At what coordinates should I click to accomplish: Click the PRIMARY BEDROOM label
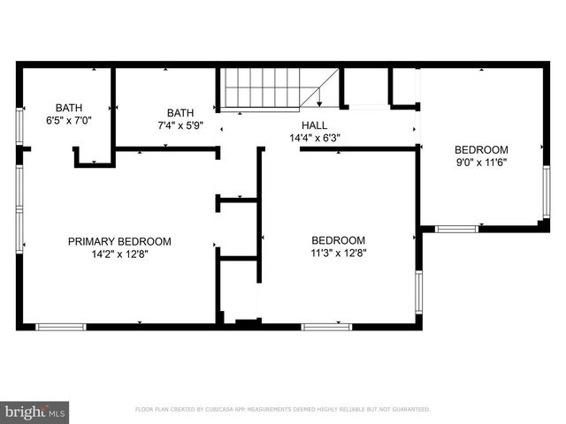[x=119, y=241]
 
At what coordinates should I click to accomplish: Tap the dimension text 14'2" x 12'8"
[x=119, y=254]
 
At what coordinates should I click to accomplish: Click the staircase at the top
[x=265, y=89]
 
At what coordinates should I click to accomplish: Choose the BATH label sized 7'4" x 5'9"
[x=180, y=113]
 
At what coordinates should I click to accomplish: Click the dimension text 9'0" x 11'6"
[x=481, y=162]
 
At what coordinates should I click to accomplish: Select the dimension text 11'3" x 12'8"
[x=338, y=253]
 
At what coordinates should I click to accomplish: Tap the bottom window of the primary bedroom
[x=61, y=327]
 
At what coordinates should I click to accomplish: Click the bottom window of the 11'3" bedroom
[x=326, y=327]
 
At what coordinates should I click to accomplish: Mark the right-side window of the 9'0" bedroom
[x=546, y=192]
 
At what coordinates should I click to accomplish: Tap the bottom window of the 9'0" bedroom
[x=456, y=229]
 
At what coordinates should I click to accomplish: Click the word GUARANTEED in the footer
[x=409, y=410]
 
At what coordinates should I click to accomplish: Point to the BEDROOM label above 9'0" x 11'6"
[x=481, y=149]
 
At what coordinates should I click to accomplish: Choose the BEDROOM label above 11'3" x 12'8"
[x=338, y=240]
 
